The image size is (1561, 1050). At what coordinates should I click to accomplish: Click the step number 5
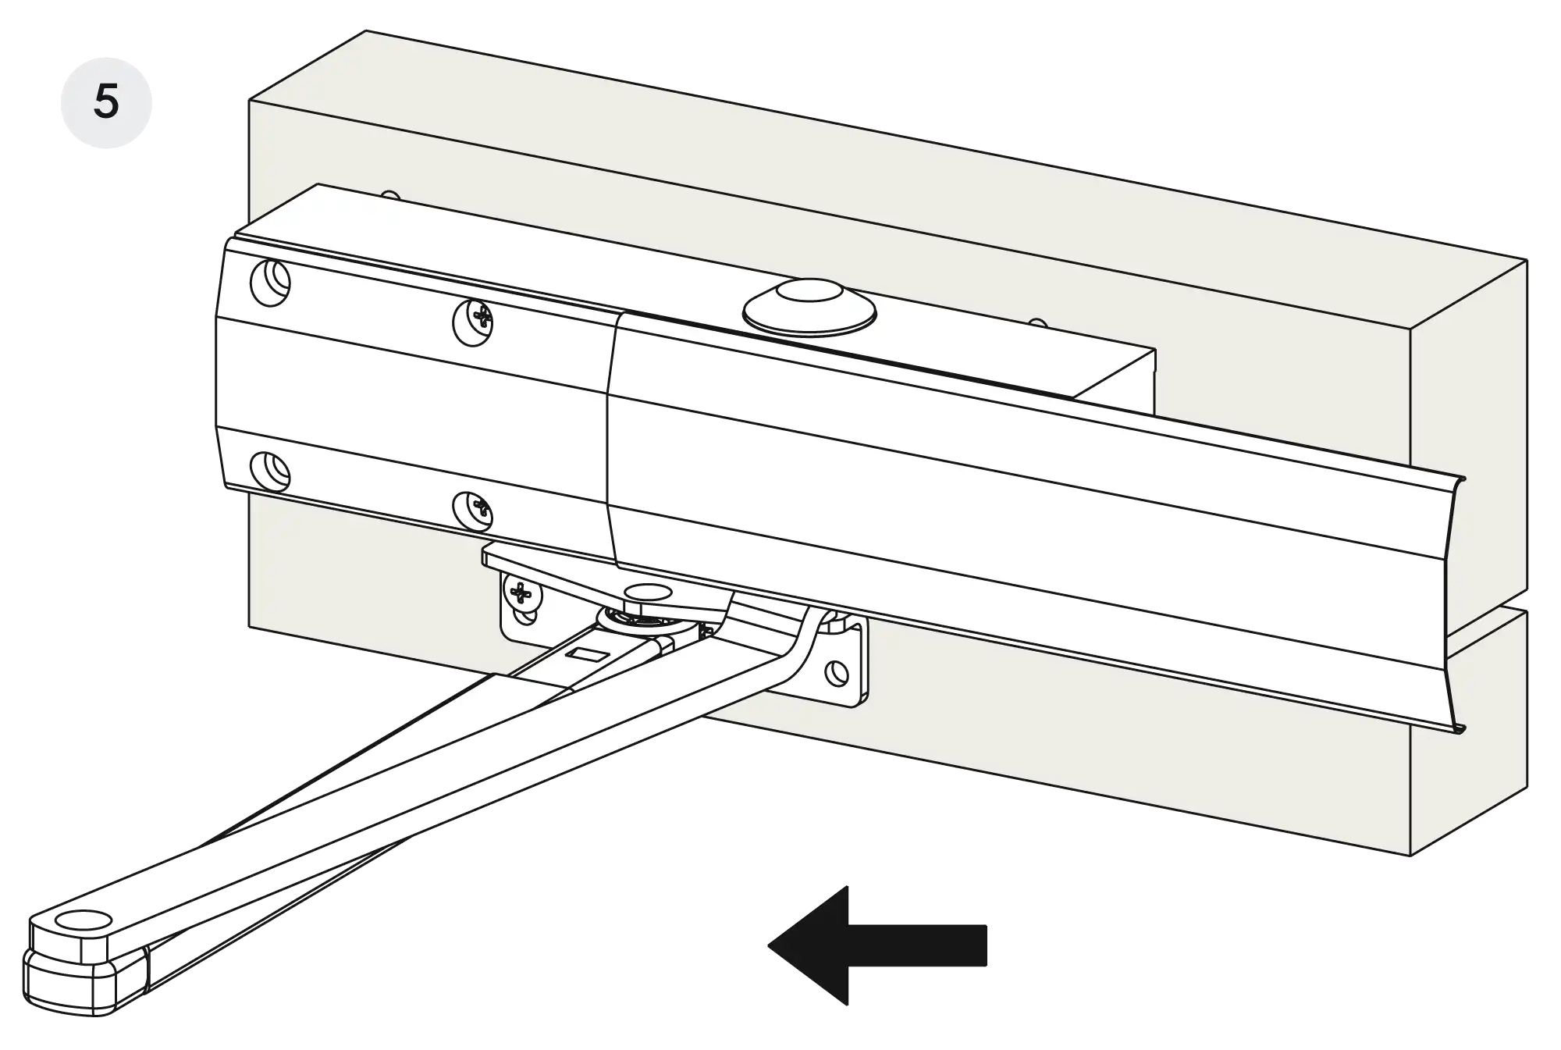coord(106,102)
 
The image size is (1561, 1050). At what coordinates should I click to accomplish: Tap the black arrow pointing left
coord(877,945)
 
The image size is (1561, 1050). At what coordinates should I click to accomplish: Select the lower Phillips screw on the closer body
coord(473,510)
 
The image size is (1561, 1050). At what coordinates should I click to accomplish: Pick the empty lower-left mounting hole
coord(270,470)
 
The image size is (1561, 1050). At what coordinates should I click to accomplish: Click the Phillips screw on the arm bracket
coord(521,595)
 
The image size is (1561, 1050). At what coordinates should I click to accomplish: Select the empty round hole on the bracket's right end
coord(836,672)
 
